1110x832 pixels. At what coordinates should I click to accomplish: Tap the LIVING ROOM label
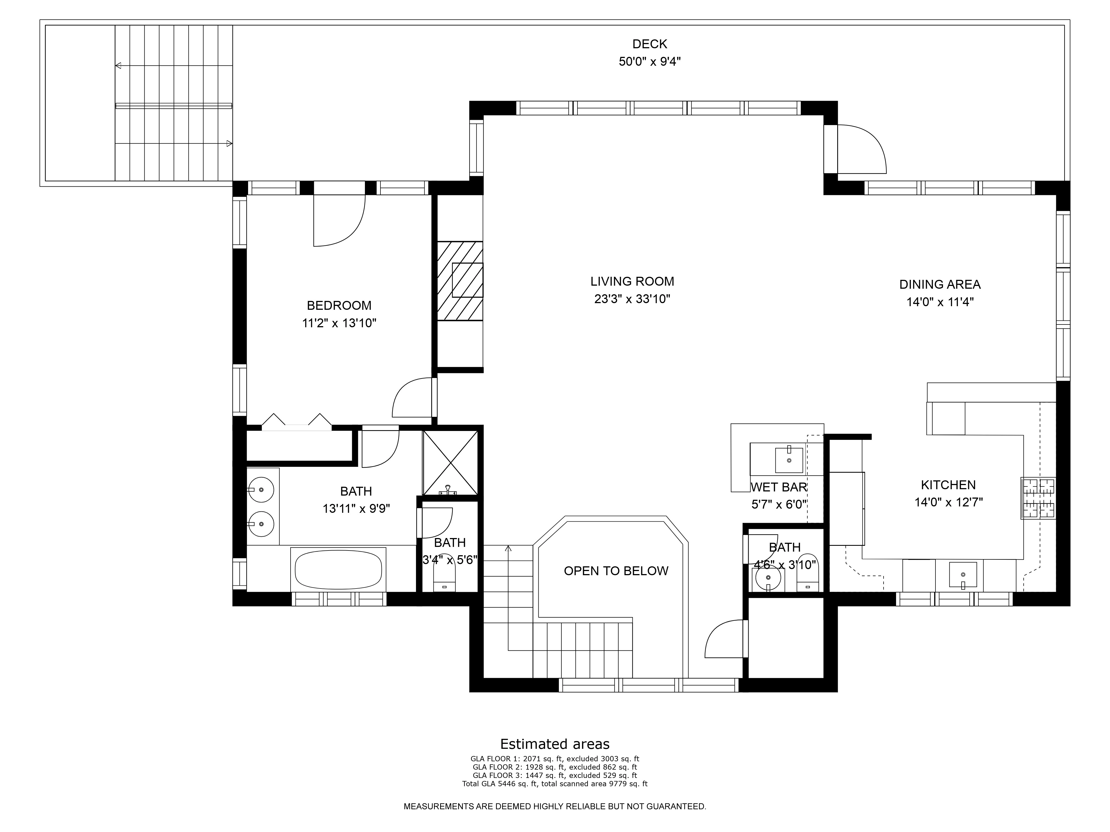pos(632,281)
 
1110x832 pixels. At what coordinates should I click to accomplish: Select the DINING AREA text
pos(940,284)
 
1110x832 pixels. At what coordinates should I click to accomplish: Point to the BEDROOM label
pos(339,305)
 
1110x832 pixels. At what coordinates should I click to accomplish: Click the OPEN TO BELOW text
pos(616,571)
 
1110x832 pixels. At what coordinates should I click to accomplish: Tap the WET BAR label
pos(779,487)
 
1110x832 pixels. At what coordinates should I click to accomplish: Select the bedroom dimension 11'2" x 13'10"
pos(339,323)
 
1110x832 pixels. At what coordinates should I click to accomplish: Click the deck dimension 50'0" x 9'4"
pos(650,62)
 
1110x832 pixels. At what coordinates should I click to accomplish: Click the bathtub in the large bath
pos(338,570)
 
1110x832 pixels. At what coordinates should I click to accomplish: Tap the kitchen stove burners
pos(1038,498)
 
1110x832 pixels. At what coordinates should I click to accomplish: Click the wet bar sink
pos(789,460)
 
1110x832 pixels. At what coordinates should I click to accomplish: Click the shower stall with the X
pos(450,462)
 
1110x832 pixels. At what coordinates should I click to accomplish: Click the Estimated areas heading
pos(555,744)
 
